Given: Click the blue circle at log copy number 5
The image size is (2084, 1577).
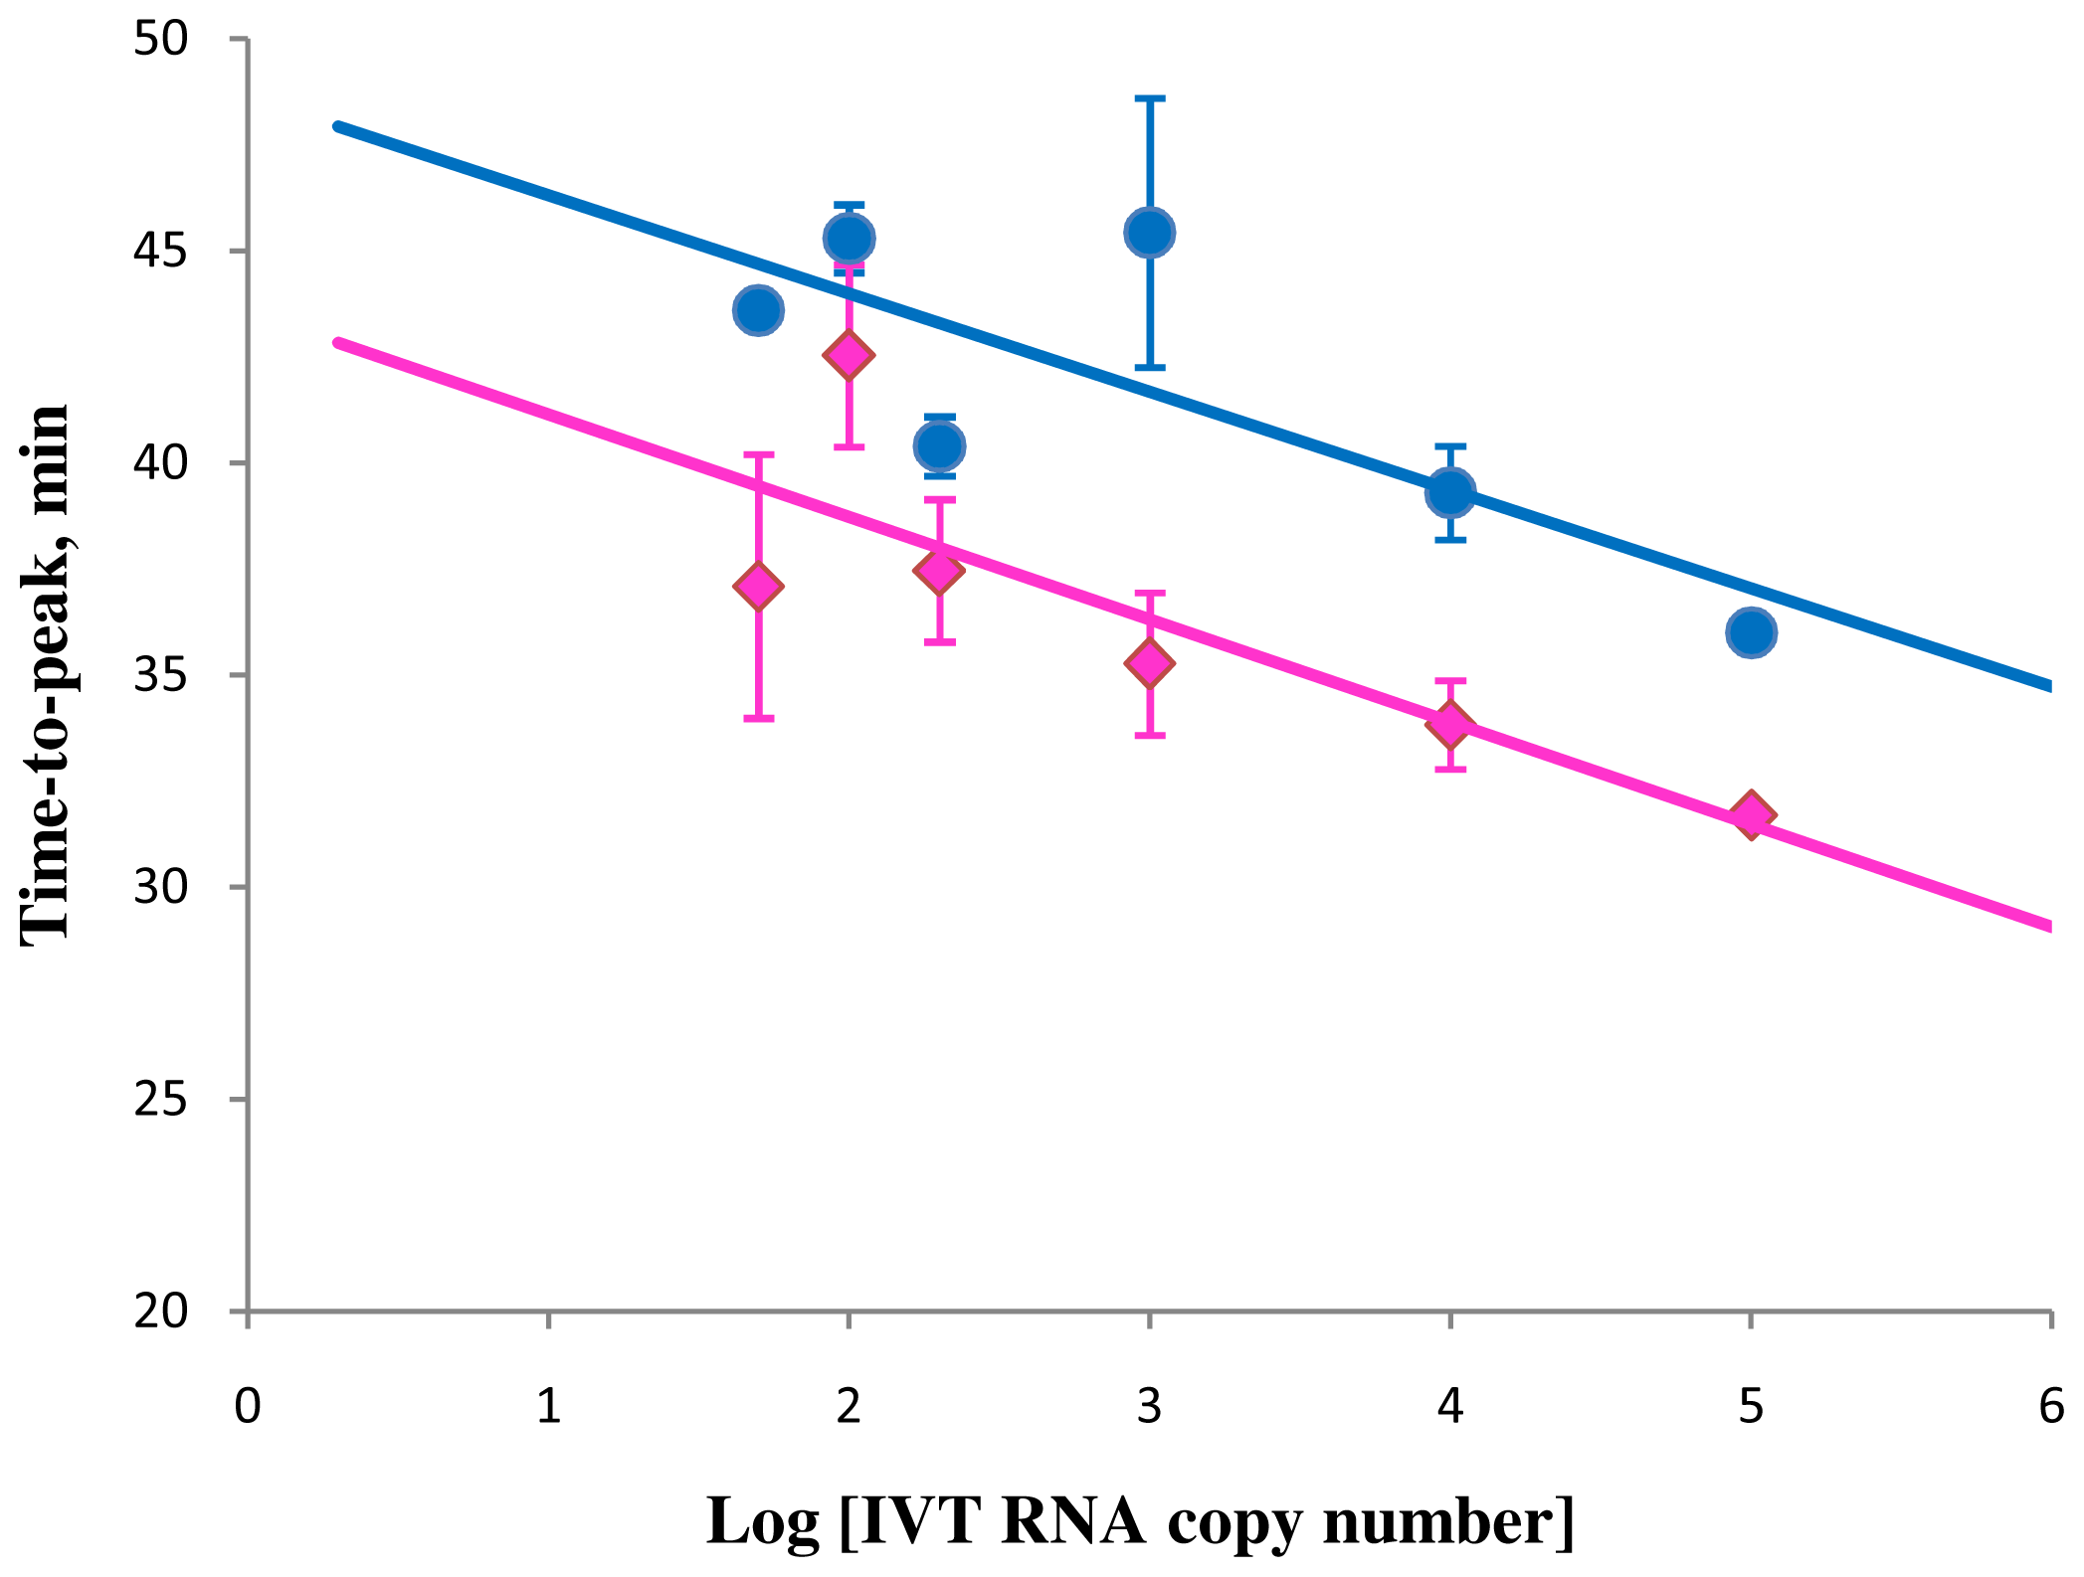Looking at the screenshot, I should [1751, 632].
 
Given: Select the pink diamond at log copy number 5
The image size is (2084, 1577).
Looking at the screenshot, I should [1751, 816].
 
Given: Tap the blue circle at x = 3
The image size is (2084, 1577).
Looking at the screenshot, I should [1149, 233].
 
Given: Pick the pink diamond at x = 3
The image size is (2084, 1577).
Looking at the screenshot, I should [1149, 663].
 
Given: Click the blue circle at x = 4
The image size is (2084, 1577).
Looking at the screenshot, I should [1450, 492].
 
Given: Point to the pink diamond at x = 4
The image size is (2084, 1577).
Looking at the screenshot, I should [1450, 725].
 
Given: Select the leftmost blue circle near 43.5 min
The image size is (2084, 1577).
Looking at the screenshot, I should [758, 310].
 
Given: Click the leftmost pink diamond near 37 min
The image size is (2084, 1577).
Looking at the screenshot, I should [758, 587].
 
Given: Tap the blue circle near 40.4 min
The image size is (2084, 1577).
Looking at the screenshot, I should [939, 446].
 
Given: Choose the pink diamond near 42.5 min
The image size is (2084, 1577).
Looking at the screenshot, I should [849, 355].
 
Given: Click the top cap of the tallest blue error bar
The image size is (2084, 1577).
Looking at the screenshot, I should [1149, 99].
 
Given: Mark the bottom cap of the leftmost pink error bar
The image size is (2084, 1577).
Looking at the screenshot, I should [758, 718].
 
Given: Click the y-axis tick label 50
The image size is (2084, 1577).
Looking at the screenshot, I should [160, 39].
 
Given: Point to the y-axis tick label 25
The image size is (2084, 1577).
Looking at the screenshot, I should [160, 1099].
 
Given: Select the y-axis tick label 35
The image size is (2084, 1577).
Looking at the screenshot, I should [160, 675].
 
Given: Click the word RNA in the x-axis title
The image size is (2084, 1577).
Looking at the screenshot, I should [1072, 1520].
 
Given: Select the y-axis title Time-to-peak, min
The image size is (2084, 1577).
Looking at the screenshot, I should [45, 674].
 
